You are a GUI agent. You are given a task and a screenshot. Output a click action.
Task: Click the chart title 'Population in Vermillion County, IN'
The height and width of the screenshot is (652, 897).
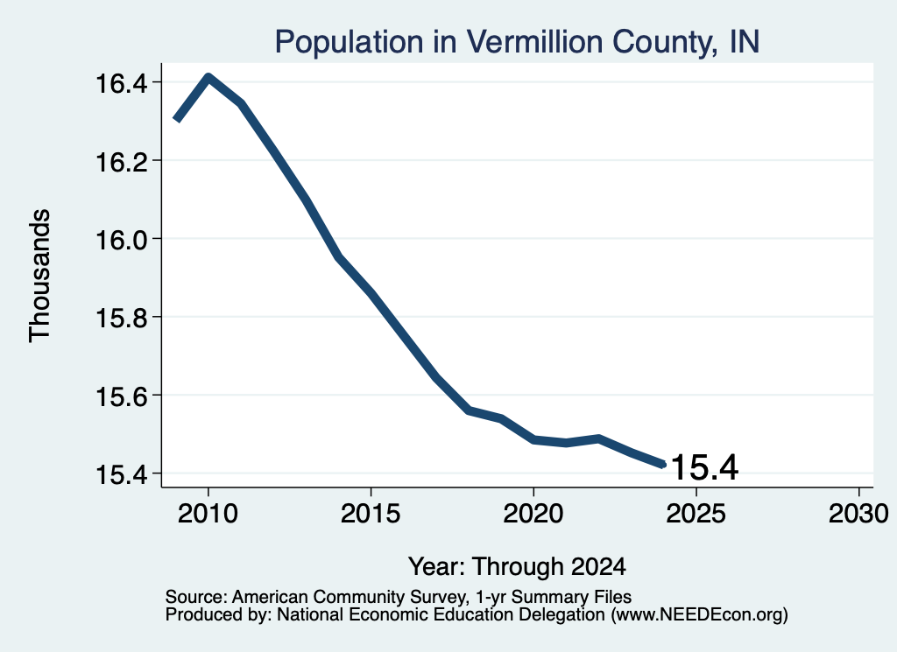coord(517,42)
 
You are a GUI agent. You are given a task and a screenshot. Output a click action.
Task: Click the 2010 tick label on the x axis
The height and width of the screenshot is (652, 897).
coord(208,514)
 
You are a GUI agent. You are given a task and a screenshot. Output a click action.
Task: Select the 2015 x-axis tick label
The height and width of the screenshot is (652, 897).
coord(371,514)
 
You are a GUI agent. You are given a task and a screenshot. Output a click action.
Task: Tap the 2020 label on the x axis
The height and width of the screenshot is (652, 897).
coord(533,514)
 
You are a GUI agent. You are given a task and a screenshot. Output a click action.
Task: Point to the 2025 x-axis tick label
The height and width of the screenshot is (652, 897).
coord(696,514)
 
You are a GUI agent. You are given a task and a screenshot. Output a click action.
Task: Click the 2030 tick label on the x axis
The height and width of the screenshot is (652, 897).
coord(858,514)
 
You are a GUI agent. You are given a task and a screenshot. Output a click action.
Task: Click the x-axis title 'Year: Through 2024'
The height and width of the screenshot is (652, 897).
coord(517,567)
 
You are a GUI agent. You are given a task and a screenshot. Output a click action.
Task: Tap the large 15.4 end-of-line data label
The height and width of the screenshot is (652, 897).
coord(704,467)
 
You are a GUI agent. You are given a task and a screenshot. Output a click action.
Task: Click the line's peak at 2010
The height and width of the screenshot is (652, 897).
coord(208,77)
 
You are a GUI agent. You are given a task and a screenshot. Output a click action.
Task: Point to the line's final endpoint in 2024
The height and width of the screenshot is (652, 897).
coord(663,464)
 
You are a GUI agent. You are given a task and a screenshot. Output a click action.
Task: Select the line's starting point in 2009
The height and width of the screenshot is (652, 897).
coord(177,119)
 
